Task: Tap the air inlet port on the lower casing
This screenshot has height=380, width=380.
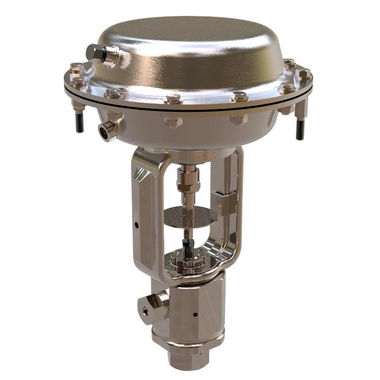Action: (107, 131)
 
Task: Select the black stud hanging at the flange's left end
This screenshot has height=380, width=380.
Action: (80, 123)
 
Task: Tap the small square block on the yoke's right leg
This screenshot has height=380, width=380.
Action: (227, 204)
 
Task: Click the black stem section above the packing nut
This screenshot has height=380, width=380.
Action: (188, 246)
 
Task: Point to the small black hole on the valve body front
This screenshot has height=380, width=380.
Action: (195, 315)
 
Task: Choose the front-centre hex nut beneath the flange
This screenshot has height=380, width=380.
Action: (174, 121)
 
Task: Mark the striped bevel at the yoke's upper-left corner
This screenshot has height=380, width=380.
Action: (142, 173)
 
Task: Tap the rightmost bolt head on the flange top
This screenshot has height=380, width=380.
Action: (304, 74)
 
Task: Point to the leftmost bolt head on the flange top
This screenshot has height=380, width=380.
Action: (75, 68)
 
